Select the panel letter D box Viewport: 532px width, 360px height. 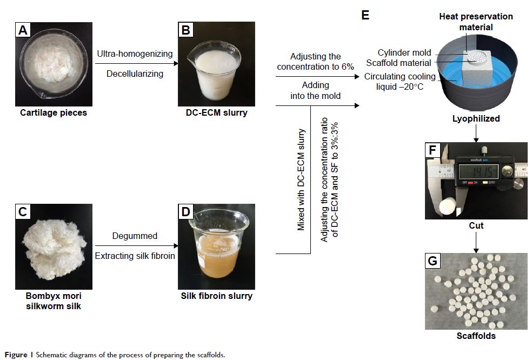click(185, 212)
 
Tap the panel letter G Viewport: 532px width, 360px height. click(433, 262)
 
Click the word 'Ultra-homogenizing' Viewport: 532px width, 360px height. click(135, 54)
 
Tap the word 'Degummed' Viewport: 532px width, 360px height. click(135, 236)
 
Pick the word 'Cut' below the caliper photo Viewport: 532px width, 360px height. click(476, 225)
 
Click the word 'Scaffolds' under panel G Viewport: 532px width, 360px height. click(476, 336)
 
